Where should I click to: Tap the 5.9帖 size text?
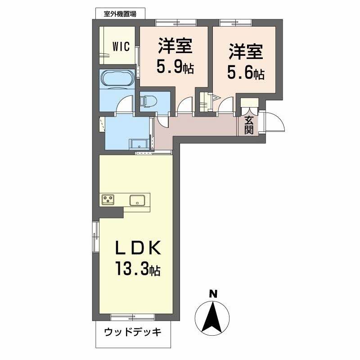tap(175, 68)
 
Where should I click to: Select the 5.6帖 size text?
tap(245, 72)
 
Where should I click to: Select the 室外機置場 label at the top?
tap(120, 13)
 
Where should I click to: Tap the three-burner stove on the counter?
tap(108, 199)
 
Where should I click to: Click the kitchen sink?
tap(137, 200)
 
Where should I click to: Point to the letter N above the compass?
tap(213, 294)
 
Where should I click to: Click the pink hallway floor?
tap(198, 127)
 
